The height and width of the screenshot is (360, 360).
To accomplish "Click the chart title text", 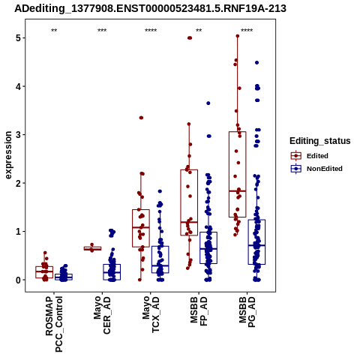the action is [150, 8].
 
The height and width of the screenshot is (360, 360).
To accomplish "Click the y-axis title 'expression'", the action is [8, 155].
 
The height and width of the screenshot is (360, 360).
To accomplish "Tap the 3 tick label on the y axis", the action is [19, 135].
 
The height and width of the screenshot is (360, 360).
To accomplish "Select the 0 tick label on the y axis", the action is [19, 280].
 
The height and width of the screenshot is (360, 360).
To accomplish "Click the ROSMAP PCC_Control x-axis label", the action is [54, 324].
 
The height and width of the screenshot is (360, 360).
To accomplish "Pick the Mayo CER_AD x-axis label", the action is [102, 315].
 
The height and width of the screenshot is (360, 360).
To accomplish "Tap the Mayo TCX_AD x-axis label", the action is [151, 314].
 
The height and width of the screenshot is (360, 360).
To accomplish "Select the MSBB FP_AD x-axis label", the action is [199, 311].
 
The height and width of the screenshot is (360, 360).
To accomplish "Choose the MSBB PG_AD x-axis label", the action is [247, 312].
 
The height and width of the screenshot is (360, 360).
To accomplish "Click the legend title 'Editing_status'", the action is [320, 141].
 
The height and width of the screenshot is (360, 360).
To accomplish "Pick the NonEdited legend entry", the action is [316, 169].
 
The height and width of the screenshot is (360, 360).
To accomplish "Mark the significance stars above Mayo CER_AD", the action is [102, 31].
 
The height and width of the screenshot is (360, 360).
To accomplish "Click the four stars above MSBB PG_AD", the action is [247, 31].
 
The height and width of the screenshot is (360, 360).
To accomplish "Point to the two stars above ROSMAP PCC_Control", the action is [54, 31].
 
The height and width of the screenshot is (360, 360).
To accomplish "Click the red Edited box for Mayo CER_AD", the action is [92, 248].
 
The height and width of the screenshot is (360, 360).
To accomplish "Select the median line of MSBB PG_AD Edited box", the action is [238, 191].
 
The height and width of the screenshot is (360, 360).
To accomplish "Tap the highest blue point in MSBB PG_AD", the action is [256, 63].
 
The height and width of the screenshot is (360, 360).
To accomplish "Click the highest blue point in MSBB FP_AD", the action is [208, 103].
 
